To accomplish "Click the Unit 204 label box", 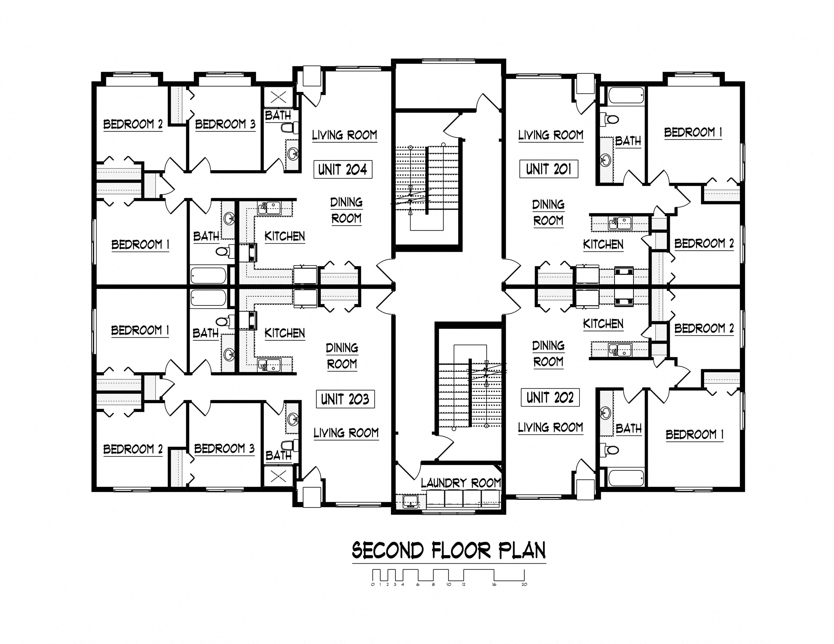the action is (342, 169).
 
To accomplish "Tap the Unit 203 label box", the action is (345, 399).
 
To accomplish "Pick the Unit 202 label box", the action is (550, 397).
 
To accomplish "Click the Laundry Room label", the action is (461, 483).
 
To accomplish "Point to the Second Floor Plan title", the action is (449, 550).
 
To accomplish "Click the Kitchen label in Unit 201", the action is (603, 244).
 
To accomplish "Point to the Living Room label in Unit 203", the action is (346, 433).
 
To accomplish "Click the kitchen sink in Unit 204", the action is (269, 208).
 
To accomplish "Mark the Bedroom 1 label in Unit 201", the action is (693, 133).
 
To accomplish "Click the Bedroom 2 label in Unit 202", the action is (704, 328).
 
